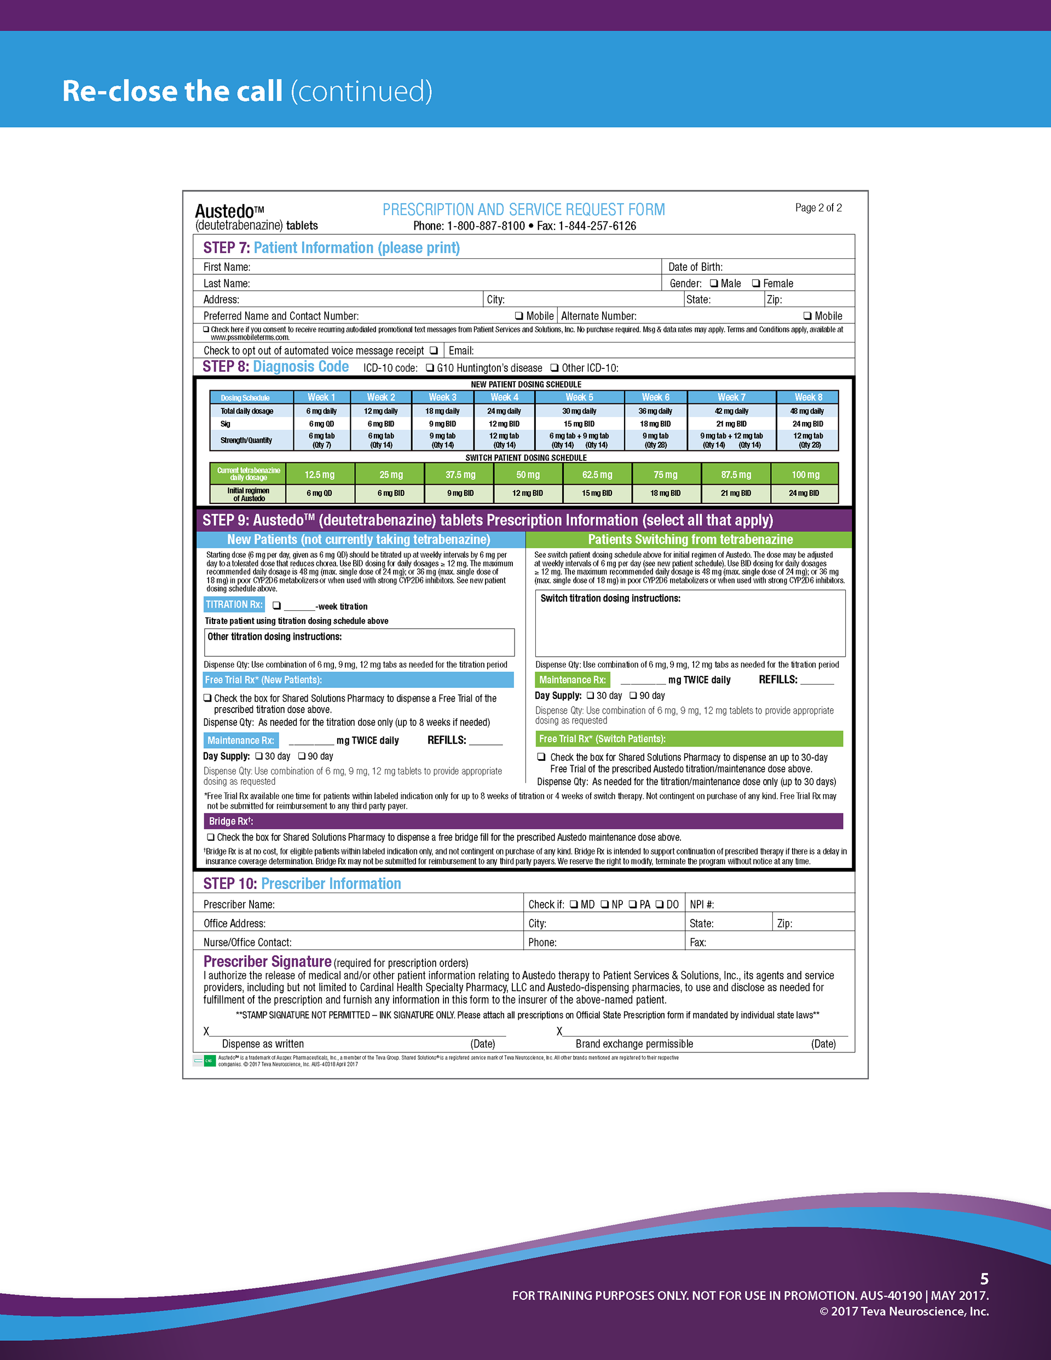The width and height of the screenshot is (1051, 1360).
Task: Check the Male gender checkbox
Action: (714, 283)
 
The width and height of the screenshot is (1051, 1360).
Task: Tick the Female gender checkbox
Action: (756, 283)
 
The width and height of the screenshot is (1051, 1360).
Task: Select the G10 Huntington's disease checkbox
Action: (430, 368)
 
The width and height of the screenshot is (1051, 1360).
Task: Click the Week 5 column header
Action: (579, 397)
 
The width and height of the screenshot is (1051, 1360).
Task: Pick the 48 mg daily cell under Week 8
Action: (808, 411)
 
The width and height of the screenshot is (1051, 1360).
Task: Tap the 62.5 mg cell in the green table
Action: (597, 474)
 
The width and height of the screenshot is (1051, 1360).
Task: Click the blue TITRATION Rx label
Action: (234, 605)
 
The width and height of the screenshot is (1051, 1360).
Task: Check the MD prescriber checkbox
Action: (574, 904)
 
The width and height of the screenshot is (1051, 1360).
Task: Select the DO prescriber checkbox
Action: (659, 904)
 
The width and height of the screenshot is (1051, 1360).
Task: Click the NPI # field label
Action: (702, 905)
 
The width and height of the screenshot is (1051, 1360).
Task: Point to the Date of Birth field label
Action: (695, 267)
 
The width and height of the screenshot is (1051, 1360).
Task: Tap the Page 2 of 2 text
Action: (818, 208)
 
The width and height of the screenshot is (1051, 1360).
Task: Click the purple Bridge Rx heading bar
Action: (523, 821)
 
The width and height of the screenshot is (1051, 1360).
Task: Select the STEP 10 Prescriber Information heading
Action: (302, 884)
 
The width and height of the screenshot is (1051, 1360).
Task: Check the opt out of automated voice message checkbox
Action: (434, 351)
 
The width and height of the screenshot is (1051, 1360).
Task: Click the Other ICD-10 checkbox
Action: (555, 368)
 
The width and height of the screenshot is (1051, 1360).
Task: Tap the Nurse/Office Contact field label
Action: (247, 942)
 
